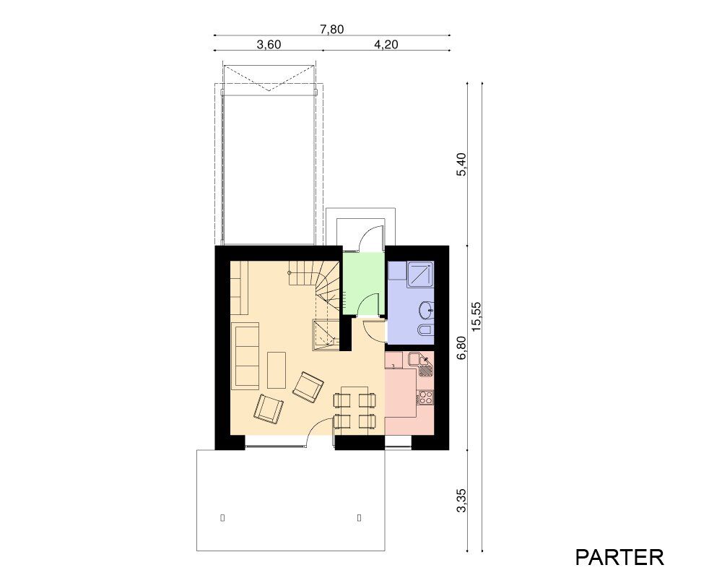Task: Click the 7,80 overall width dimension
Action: pyautogui.click(x=332, y=30)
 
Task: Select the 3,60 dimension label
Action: pyautogui.click(x=269, y=45)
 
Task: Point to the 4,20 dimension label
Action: pyautogui.click(x=386, y=45)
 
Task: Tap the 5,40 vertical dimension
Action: pyautogui.click(x=461, y=164)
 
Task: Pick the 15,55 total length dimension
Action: pyautogui.click(x=476, y=316)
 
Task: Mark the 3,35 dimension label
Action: pyautogui.click(x=461, y=500)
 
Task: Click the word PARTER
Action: pyautogui.click(x=619, y=557)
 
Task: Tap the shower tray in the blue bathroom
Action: pyautogui.click(x=420, y=275)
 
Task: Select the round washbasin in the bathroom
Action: pyautogui.click(x=427, y=310)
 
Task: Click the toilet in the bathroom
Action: pyautogui.click(x=425, y=329)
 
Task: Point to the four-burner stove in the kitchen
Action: pyautogui.click(x=425, y=397)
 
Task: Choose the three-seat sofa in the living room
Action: pyautogui.click(x=247, y=356)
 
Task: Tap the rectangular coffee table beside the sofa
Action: pyautogui.click(x=277, y=370)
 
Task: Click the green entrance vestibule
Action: pyautogui.click(x=362, y=283)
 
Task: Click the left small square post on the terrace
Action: pyautogui.click(x=222, y=517)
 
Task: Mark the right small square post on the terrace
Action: pyautogui.click(x=359, y=517)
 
